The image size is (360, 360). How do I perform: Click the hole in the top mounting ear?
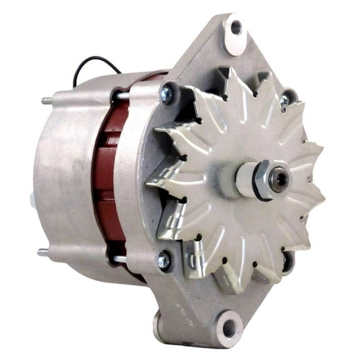point(236,27)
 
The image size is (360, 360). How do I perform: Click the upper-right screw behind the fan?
point(285,101)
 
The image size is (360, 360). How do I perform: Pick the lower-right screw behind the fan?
point(287,261)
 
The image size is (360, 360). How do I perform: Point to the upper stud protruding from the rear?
point(46,101)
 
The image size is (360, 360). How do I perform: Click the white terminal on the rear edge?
point(32,199)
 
